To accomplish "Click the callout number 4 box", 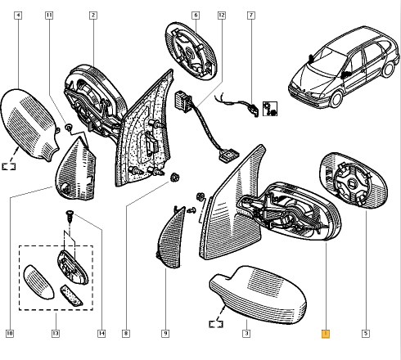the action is tap(18, 15).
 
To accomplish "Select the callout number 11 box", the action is tap(49, 15).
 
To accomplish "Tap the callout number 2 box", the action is tap(93, 15).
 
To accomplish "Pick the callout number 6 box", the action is tap(196, 15).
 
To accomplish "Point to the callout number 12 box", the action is tap(222, 15).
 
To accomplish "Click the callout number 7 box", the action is tap(251, 15).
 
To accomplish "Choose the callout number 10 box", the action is tap(10, 333).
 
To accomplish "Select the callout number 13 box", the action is tap(56, 333).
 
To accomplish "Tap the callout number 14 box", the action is tap(101, 333).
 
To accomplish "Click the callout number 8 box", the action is tap(126, 333).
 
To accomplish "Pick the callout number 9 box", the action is tap(165, 333).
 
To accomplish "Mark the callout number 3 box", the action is tap(246, 333).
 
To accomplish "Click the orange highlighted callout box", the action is tap(326, 334).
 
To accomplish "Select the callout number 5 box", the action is tap(366, 333).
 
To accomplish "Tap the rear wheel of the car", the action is tap(388, 69).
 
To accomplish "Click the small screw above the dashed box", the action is tap(70, 216).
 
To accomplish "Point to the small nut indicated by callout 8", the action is tap(174, 178).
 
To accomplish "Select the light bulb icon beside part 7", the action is tap(270, 109).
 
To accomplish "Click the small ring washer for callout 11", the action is tap(68, 127).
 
